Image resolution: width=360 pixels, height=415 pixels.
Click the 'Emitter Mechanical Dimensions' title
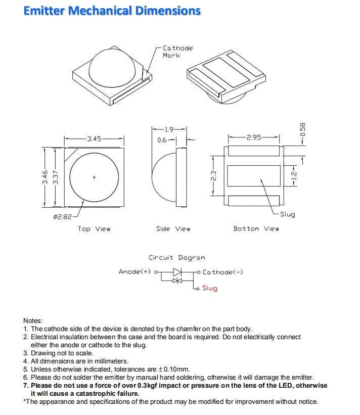click(112, 11)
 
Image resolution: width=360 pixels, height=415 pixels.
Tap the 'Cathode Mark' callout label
click(177, 52)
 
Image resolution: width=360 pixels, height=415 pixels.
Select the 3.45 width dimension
click(94, 139)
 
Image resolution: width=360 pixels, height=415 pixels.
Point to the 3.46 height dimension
click(45, 177)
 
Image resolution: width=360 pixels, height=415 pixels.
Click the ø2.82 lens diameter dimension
click(62, 217)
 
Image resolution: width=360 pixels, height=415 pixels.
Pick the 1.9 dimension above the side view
click(169, 129)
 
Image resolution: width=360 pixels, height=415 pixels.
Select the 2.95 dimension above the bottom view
click(254, 137)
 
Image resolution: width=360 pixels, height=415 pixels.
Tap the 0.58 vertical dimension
click(303, 130)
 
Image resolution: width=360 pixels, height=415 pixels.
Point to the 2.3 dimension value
click(214, 176)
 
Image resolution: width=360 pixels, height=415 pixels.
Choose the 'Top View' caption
click(94, 229)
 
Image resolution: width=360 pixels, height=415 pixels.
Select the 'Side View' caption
click(173, 229)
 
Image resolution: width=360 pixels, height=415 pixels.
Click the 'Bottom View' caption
click(256, 229)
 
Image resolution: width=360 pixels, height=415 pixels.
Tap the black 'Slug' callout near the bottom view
click(287, 214)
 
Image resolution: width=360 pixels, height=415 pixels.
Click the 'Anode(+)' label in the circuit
click(135, 272)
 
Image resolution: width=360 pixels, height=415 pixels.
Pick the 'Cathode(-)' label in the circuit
click(223, 272)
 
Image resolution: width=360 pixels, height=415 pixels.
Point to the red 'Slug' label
click(210, 288)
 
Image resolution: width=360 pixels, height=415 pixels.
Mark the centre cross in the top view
click(94, 177)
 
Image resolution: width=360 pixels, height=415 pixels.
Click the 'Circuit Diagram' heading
click(177, 258)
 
